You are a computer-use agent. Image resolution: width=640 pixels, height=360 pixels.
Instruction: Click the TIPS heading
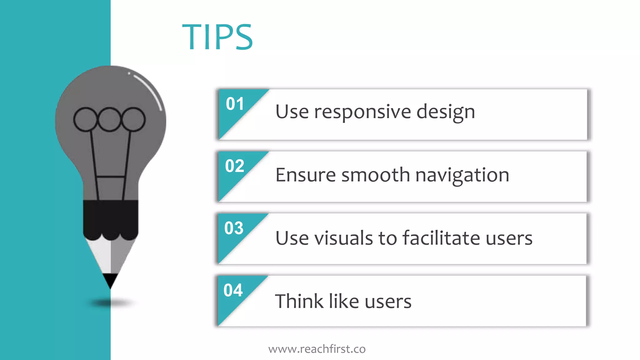(217, 37)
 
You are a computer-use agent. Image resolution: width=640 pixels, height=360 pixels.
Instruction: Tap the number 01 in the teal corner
(235, 104)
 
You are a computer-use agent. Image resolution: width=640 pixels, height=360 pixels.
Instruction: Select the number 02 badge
(234, 166)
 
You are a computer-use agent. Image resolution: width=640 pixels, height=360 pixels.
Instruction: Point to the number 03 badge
(234, 228)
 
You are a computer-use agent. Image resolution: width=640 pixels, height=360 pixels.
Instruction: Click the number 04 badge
(233, 290)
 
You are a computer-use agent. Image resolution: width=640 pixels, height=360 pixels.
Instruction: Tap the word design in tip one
(446, 112)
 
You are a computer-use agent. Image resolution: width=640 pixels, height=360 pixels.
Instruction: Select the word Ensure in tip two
(305, 175)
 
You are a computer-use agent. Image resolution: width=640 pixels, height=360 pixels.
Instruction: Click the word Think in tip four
(299, 301)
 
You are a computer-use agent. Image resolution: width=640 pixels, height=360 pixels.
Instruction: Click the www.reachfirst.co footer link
(317, 349)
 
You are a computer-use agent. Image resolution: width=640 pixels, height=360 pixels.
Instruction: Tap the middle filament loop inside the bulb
(109, 119)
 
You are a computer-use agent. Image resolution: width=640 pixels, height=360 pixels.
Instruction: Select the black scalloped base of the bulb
(110, 219)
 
